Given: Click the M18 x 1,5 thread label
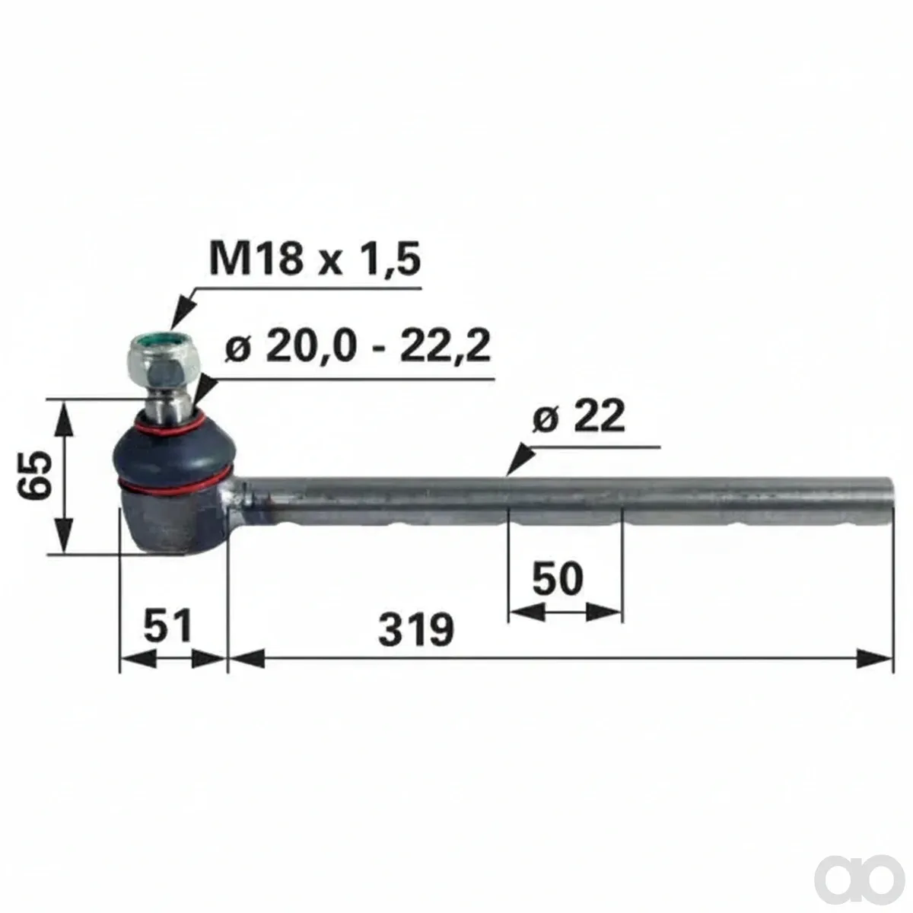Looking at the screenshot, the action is point(314,259).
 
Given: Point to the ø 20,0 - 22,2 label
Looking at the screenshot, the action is point(358,346).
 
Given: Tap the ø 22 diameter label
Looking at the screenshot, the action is point(578,418).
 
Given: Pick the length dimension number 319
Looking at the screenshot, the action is point(416,630).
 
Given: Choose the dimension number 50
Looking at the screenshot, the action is point(558,578).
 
